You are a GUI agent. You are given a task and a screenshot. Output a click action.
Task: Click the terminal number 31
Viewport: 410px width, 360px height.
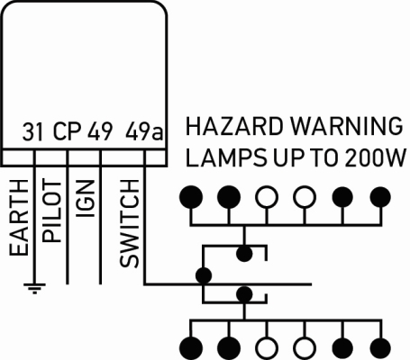tap(32, 131)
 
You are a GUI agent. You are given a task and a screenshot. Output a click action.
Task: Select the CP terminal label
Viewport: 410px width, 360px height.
tap(68, 131)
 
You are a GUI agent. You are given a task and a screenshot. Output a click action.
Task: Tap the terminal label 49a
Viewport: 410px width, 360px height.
tap(144, 131)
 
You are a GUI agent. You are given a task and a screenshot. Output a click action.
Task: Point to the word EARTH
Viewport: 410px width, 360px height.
tap(19, 218)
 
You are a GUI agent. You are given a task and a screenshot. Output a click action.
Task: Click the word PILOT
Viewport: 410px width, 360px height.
tap(51, 211)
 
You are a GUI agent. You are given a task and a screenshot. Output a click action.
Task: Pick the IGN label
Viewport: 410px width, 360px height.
tap(86, 199)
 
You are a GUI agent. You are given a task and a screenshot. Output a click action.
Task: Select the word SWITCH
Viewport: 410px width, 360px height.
tap(130, 223)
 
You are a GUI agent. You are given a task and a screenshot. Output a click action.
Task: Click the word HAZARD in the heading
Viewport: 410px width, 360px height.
tap(234, 126)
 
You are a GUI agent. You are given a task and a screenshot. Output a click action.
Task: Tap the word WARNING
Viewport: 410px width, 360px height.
tap(347, 126)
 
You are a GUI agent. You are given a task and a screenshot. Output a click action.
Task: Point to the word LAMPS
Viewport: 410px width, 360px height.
tap(226, 157)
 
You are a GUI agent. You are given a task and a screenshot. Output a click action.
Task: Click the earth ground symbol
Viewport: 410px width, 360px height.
tap(34, 288)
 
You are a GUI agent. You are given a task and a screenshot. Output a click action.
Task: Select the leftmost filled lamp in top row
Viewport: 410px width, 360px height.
tap(191, 197)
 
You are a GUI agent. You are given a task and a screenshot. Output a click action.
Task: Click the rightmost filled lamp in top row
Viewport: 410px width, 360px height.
tap(380, 197)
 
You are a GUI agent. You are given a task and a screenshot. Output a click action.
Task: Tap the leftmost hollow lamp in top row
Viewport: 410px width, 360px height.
tap(267, 197)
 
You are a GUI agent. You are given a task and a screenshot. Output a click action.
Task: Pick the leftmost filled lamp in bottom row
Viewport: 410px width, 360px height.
tap(191, 348)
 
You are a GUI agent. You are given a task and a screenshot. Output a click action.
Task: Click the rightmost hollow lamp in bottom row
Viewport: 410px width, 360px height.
tap(305, 348)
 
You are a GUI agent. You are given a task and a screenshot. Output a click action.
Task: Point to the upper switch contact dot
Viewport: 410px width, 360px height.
tap(244, 254)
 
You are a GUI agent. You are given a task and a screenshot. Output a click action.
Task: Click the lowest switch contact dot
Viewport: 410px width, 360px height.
tap(244, 294)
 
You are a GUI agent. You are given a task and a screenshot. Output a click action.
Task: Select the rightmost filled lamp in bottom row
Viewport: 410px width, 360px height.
tap(380, 348)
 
